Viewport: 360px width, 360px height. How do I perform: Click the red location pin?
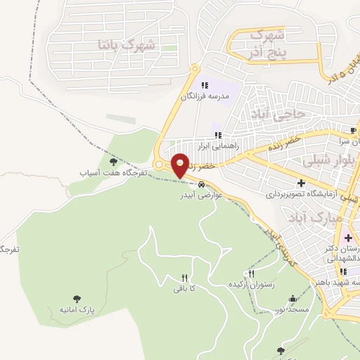pos(180,165)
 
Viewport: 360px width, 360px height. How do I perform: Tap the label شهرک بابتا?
pos(129,44)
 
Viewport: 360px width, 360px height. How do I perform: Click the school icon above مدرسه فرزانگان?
pos(205,85)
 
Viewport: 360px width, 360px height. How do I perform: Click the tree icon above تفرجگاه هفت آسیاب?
pos(112,163)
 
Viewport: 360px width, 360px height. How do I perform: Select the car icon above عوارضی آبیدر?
pos(202,185)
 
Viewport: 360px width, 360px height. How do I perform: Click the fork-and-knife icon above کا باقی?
pos(185,278)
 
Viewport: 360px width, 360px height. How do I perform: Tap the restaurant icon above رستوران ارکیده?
pos(251,274)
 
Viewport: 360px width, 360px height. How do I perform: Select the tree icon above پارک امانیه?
pos(77,299)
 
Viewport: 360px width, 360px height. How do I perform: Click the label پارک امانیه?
pos(77,309)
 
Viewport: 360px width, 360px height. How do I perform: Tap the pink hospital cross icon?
pos(348,238)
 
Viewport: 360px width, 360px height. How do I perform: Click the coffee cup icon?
pos(353,130)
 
